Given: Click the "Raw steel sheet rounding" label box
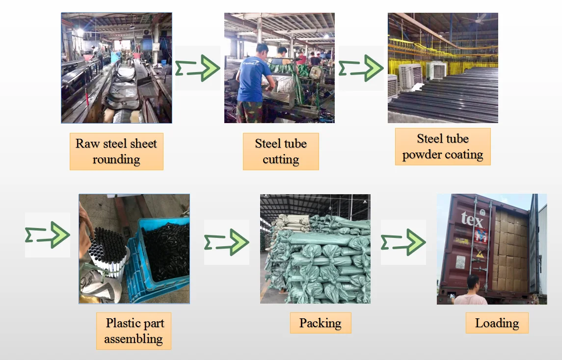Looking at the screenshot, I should pos(116,152).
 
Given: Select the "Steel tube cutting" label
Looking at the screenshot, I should pos(281,152).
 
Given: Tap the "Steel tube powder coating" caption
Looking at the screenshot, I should pos(443,147).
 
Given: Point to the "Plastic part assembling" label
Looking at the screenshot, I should pos(134,331).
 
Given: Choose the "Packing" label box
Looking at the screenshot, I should pos(320,323).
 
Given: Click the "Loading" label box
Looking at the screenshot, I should pos(497,323).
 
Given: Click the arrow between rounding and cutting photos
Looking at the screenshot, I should pos(198,68).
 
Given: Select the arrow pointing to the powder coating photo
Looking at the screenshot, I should pos(361,68).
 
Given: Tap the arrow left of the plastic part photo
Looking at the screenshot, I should pos(48,235).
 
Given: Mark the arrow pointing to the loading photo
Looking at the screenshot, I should pos(403,242).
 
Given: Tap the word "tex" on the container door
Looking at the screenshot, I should pos(472,220).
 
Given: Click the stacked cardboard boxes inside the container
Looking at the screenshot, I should pos(510,250).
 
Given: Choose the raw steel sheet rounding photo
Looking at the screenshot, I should pos(116,68).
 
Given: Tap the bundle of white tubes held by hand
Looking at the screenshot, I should pos(106,250).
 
